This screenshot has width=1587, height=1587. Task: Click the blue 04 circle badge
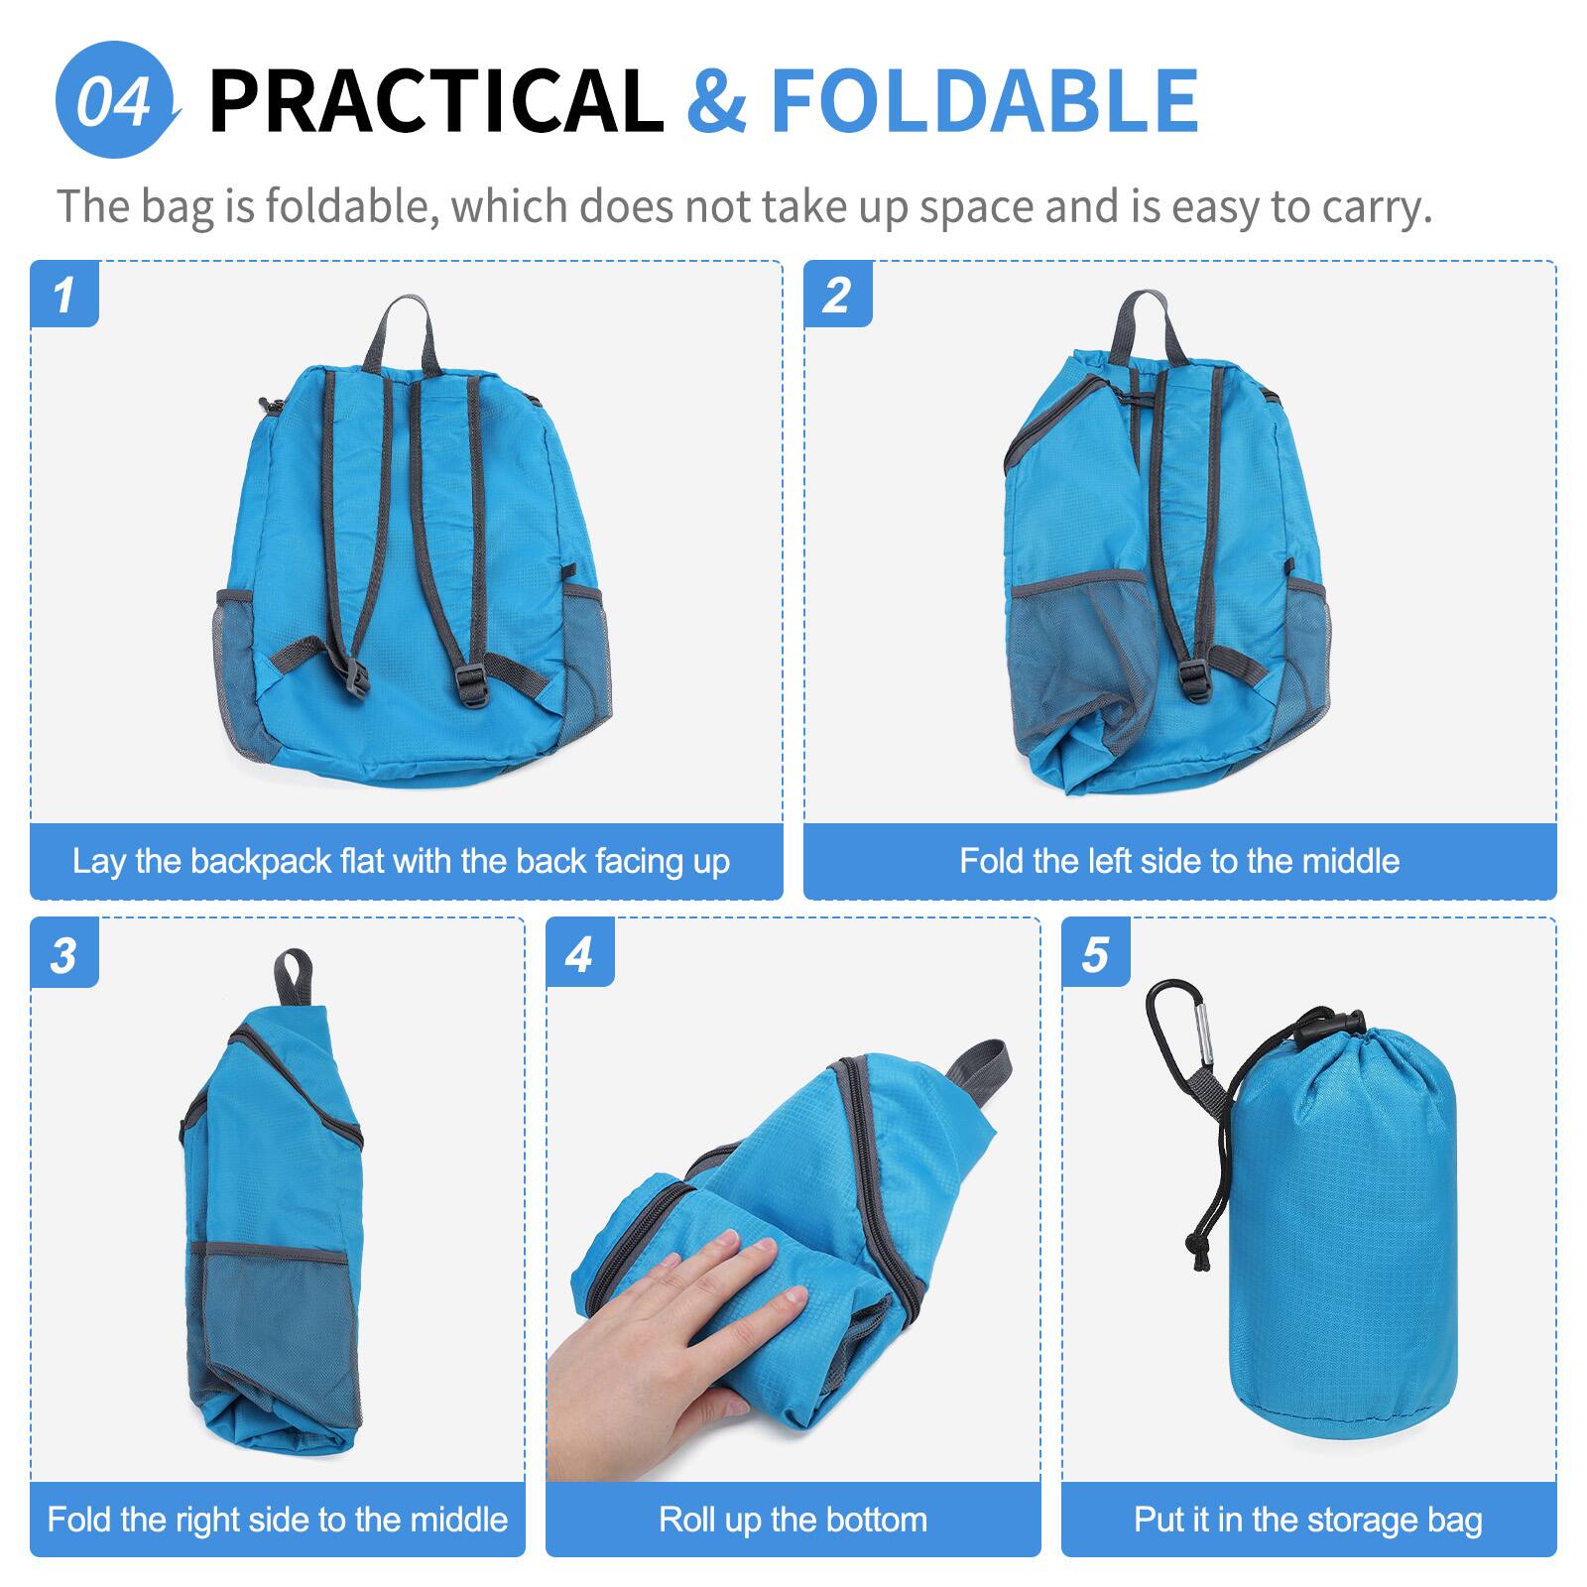pos(115,100)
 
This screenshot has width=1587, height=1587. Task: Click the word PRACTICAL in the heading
pos(435,100)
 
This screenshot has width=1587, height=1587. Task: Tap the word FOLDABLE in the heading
pos(984,100)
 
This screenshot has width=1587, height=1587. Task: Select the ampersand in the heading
pos(716,100)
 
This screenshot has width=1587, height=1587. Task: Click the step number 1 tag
pos(64,295)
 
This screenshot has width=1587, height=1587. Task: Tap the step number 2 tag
pos(837,295)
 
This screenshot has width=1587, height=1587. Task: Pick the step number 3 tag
pos(64,954)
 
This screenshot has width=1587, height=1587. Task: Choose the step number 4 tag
pos(579,954)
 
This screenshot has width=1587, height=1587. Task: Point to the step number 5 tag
pos(1095,954)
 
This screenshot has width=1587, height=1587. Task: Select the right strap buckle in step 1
pos(473,684)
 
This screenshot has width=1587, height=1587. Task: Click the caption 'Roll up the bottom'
pos(793,1520)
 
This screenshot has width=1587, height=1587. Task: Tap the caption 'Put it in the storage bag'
pos(1308,1520)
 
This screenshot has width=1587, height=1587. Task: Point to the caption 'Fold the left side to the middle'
pos(1179,861)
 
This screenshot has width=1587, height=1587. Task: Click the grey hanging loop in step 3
pos(294,977)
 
